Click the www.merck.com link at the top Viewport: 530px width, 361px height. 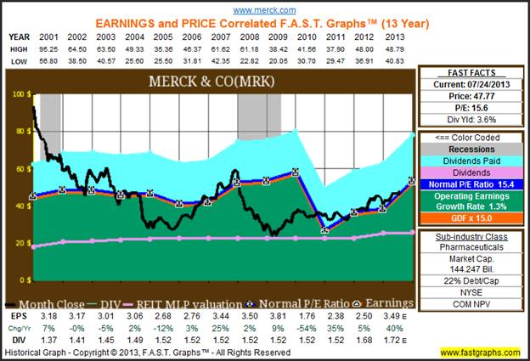(264, 9)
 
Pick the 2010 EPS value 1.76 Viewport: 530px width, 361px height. (308, 314)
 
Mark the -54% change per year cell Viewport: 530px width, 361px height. (308, 325)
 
